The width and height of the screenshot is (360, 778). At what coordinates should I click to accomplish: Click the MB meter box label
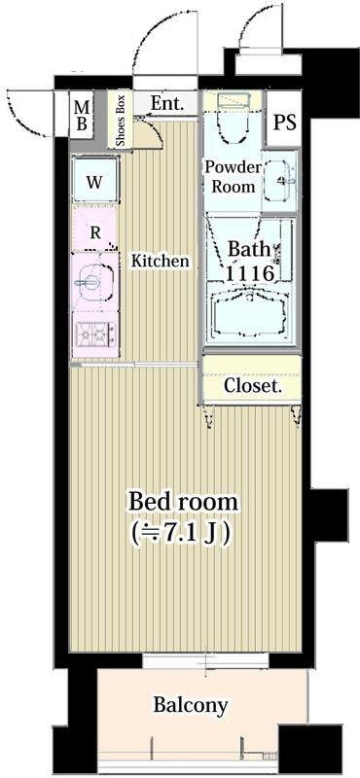[82, 115]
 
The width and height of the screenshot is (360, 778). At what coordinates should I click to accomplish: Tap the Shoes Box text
[121, 121]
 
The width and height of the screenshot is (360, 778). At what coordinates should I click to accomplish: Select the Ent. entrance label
[166, 103]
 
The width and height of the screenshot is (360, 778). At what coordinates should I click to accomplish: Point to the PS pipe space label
[284, 123]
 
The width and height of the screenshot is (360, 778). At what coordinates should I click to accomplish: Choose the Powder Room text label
[233, 177]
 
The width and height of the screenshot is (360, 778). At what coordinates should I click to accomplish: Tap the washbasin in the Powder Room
[280, 181]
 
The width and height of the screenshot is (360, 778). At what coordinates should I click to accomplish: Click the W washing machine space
[95, 181]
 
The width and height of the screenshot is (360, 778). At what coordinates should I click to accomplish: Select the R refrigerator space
[95, 230]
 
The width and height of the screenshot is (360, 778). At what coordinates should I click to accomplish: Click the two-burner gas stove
[95, 334]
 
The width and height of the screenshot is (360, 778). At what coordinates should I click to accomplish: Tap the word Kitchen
[160, 261]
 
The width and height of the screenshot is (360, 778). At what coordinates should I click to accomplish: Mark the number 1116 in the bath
[250, 273]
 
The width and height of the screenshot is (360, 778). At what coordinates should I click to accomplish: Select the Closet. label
[253, 385]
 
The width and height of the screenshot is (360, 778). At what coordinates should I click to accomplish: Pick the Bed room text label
[183, 502]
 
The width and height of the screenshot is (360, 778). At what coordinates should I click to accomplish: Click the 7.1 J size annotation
[181, 533]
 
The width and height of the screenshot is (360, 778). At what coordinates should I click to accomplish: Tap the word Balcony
[190, 704]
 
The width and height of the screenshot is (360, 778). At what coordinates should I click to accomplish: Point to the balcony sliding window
[205, 660]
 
